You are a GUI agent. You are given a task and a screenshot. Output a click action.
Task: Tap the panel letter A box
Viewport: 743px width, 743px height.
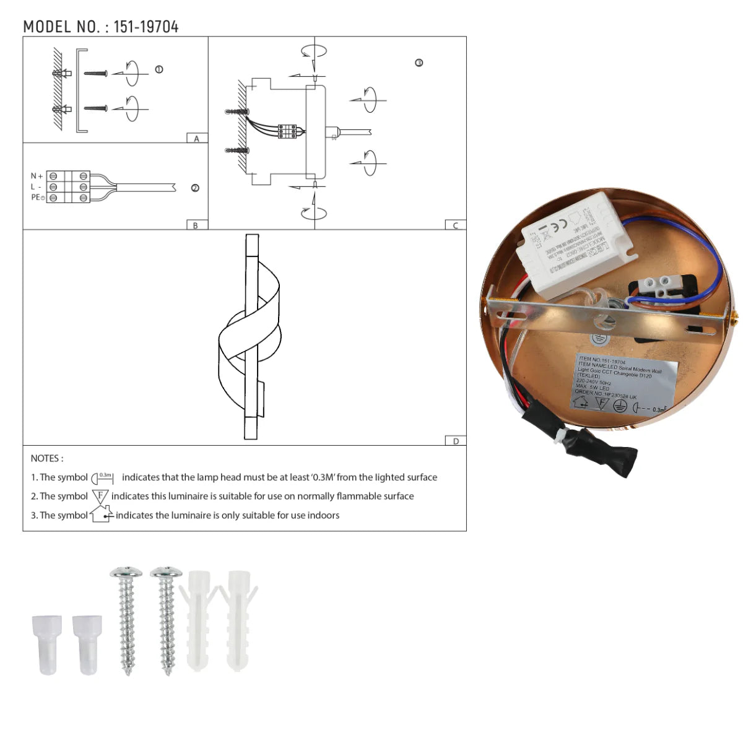(x=197, y=139)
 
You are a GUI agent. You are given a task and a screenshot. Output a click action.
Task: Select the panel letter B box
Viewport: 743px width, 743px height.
(x=196, y=225)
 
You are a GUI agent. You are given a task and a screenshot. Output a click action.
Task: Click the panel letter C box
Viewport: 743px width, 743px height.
(x=456, y=225)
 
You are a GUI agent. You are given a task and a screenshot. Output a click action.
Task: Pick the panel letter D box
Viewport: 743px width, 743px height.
(x=456, y=441)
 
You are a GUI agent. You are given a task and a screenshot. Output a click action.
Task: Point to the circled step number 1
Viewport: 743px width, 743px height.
(x=159, y=69)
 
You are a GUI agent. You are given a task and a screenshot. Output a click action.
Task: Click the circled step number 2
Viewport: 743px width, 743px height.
(x=195, y=188)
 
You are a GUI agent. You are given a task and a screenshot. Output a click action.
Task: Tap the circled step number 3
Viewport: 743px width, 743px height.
(x=419, y=63)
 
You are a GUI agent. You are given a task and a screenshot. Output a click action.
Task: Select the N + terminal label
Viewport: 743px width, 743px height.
(x=37, y=176)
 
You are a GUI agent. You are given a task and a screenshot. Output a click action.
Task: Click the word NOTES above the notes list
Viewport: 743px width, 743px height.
(x=46, y=458)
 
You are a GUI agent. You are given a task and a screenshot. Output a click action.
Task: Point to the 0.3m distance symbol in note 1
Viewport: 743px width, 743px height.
(x=103, y=477)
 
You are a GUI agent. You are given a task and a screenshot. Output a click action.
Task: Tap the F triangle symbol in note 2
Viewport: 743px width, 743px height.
(x=100, y=496)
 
